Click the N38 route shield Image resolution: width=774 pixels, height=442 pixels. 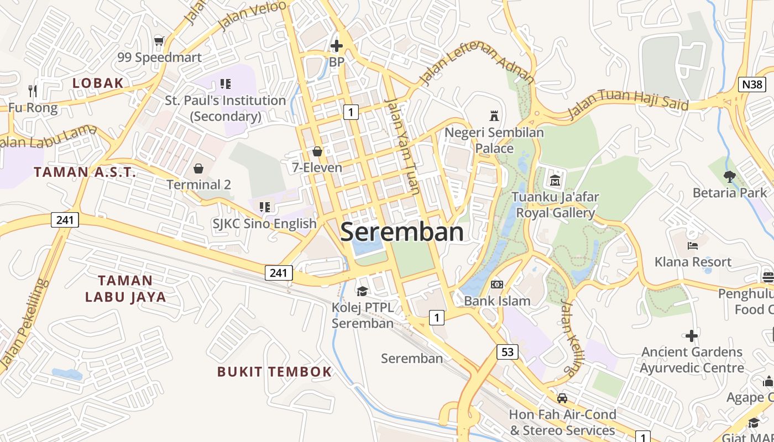point(752,85)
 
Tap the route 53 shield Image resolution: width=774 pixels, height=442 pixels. point(507,351)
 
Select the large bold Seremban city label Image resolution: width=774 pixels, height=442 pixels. point(402,232)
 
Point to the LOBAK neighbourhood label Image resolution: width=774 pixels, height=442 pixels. point(98,83)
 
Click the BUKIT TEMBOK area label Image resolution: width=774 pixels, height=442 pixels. point(274,371)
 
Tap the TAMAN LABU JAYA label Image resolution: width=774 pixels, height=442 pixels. point(125,288)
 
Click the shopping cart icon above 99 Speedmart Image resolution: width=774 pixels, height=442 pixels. point(159,41)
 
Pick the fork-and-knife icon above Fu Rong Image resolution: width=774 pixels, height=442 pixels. point(33,91)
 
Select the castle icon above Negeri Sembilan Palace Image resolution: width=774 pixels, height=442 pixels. point(494,116)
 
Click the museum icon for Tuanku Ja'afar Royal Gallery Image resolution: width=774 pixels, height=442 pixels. point(555,180)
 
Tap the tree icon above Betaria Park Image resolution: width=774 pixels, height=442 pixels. point(730,177)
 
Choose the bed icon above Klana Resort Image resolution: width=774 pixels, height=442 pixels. point(692,245)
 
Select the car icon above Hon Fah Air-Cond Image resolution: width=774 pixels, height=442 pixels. point(562,398)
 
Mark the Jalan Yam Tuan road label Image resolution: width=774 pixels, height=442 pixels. point(403,146)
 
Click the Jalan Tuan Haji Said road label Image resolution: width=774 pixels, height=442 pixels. point(628,103)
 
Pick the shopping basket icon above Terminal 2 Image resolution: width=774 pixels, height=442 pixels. point(198,169)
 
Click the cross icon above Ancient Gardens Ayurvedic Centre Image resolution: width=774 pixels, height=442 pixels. point(691,335)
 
